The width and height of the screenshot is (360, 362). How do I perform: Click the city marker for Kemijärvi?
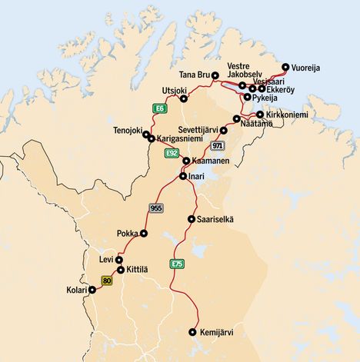pos(192,332)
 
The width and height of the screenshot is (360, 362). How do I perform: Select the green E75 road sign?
pos(177,264)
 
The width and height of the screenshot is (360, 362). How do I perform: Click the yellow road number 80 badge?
pos(107,281)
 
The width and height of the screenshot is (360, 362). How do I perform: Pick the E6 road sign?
pos(160,109)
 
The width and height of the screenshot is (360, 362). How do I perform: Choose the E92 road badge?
pos(172,154)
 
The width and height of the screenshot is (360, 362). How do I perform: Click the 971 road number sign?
pos(218,145)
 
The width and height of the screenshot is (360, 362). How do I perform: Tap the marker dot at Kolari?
pos(92,291)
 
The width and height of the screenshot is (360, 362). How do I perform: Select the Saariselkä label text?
pos(218,220)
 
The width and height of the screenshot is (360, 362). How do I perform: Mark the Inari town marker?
pos(182,176)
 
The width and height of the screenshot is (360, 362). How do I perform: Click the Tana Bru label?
pos(194,75)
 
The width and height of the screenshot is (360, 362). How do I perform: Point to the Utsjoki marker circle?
pos(183,98)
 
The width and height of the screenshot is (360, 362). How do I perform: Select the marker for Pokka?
pos(143,233)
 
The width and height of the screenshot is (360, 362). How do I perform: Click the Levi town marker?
pos(119,260)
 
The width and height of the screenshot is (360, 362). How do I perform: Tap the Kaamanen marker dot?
pos(186,161)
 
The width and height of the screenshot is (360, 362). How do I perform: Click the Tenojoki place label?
pos(128,130)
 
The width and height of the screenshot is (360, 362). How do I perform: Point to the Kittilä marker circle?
pos(121,270)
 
